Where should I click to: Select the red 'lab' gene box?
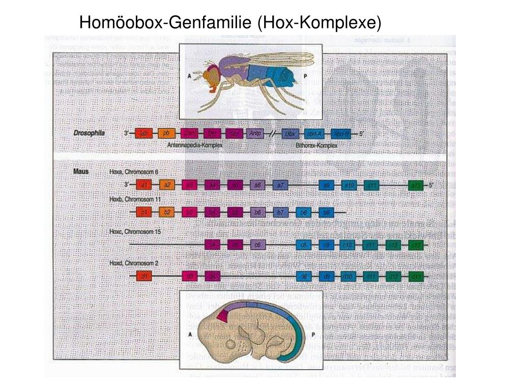[x=144, y=133]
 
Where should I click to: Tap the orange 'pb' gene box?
[x=166, y=133]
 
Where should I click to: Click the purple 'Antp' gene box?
[x=255, y=133]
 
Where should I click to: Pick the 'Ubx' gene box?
[x=290, y=133]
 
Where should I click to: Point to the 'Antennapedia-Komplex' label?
[x=195, y=145]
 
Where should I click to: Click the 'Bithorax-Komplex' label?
[x=316, y=145]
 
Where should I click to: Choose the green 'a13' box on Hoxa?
[x=417, y=185]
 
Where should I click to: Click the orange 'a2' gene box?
[x=167, y=185]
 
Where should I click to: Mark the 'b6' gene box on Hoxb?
[x=258, y=211]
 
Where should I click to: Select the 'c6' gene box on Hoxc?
[x=258, y=245]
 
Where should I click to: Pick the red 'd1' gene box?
[x=144, y=276]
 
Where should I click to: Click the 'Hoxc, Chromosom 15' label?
[x=135, y=232]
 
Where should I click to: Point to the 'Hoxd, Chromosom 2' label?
[x=134, y=263]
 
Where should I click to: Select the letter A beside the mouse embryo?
[x=189, y=334]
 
